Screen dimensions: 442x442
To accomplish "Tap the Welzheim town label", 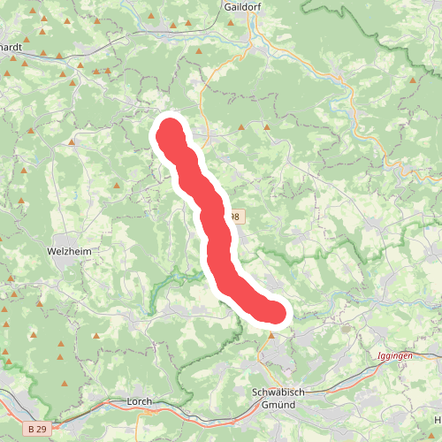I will (x=69, y=251).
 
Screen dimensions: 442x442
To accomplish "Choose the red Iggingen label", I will (x=394, y=355).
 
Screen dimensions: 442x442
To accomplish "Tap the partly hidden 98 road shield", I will (x=234, y=217).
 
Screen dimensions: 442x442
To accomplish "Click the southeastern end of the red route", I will (x=276, y=313).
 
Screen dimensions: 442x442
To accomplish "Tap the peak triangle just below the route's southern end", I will (x=272, y=335).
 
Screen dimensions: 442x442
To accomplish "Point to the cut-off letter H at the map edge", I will (x=438, y=418).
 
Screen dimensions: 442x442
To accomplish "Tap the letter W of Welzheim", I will (x=50, y=251).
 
